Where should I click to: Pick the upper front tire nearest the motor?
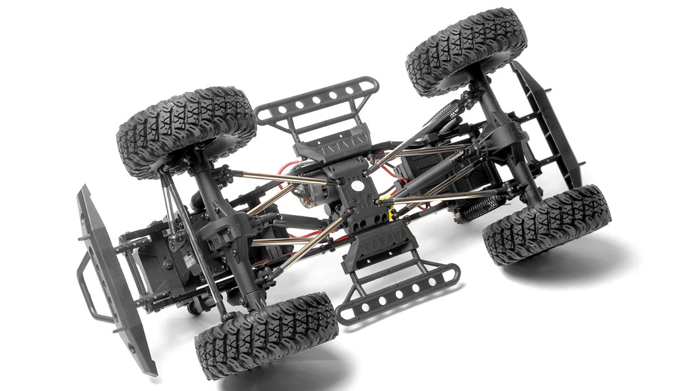coord(186,130)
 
